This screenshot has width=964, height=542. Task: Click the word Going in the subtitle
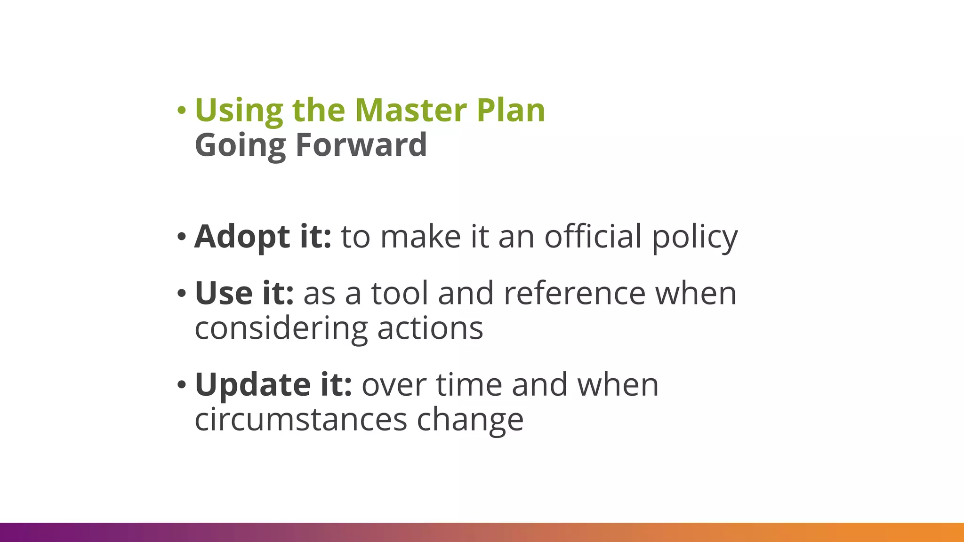[x=240, y=146]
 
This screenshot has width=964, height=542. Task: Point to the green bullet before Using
[x=181, y=111]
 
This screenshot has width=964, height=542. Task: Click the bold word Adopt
[x=242, y=237]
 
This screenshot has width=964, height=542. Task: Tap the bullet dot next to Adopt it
[x=181, y=237]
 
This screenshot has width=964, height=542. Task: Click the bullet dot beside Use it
[x=181, y=294]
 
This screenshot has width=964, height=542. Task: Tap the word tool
[x=400, y=293]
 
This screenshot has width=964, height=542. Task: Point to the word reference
[x=574, y=294]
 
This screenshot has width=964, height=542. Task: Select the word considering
[x=281, y=329]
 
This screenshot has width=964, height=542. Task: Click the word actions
[x=430, y=328]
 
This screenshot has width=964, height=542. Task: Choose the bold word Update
[x=253, y=385]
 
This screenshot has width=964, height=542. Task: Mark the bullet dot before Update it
[x=181, y=385]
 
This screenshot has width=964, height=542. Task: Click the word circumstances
[x=301, y=419]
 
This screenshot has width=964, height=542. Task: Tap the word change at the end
[x=470, y=420]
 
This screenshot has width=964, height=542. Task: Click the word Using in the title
[x=239, y=111]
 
